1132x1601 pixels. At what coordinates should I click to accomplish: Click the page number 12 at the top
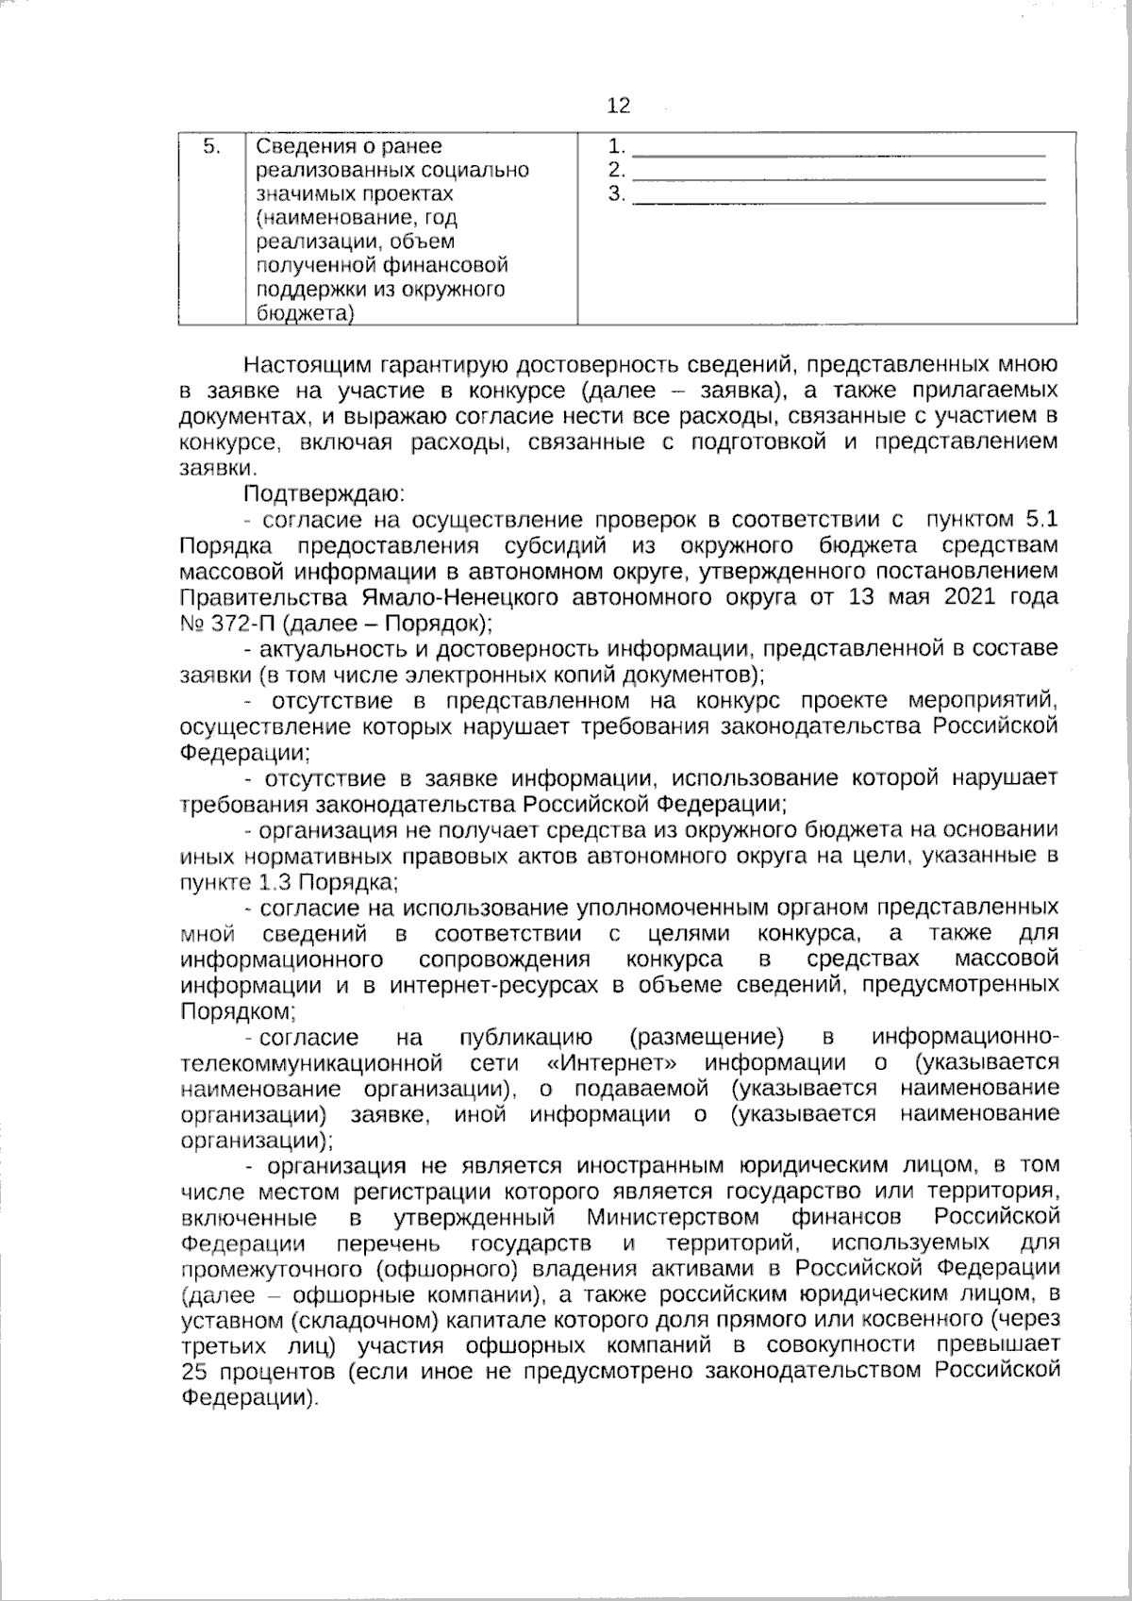tap(619, 106)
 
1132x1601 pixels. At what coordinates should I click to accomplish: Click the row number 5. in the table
tap(212, 146)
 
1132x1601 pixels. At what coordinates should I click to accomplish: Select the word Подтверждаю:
tap(324, 492)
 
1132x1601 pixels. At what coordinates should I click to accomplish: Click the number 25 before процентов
tap(193, 1371)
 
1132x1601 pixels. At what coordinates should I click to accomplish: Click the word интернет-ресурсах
tap(494, 986)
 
